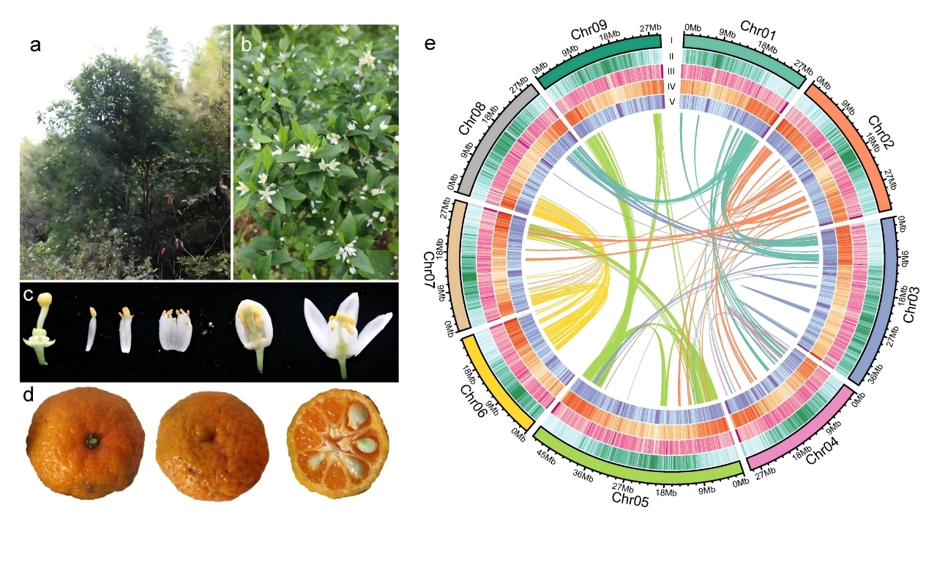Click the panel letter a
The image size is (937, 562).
[x=35, y=45]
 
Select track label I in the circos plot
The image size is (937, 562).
[x=671, y=41]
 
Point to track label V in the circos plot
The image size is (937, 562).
[x=671, y=101]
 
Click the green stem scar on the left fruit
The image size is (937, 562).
[x=92, y=441]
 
